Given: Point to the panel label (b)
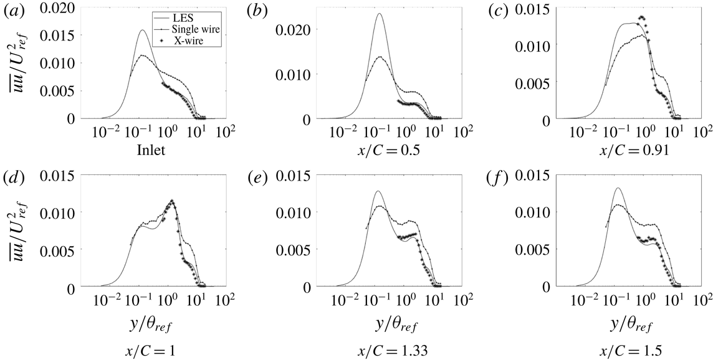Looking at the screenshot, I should (x=257, y=9).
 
